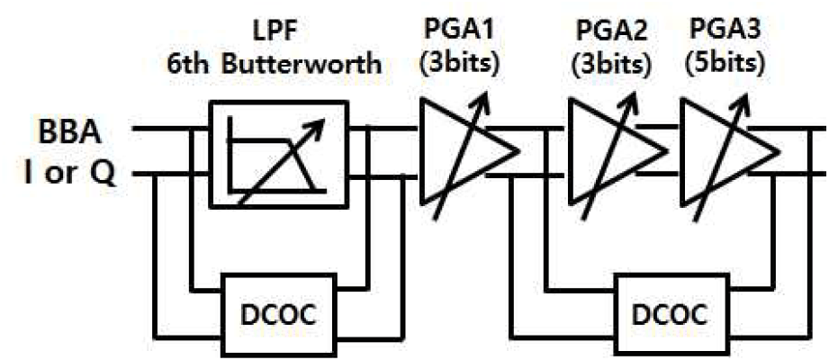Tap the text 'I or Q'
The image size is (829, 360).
[x=71, y=175]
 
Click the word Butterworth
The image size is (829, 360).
[x=302, y=66]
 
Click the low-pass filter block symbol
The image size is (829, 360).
[x=279, y=155]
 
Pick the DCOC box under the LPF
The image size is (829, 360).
[x=278, y=314]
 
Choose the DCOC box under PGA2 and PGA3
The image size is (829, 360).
[x=669, y=314]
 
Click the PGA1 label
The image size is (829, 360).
[x=459, y=32]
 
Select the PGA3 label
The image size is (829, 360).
[x=725, y=32]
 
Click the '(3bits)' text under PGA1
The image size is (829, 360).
[x=459, y=63]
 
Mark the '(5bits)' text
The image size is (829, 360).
[x=725, y=63]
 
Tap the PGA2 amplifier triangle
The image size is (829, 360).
[x=615, y=150]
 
